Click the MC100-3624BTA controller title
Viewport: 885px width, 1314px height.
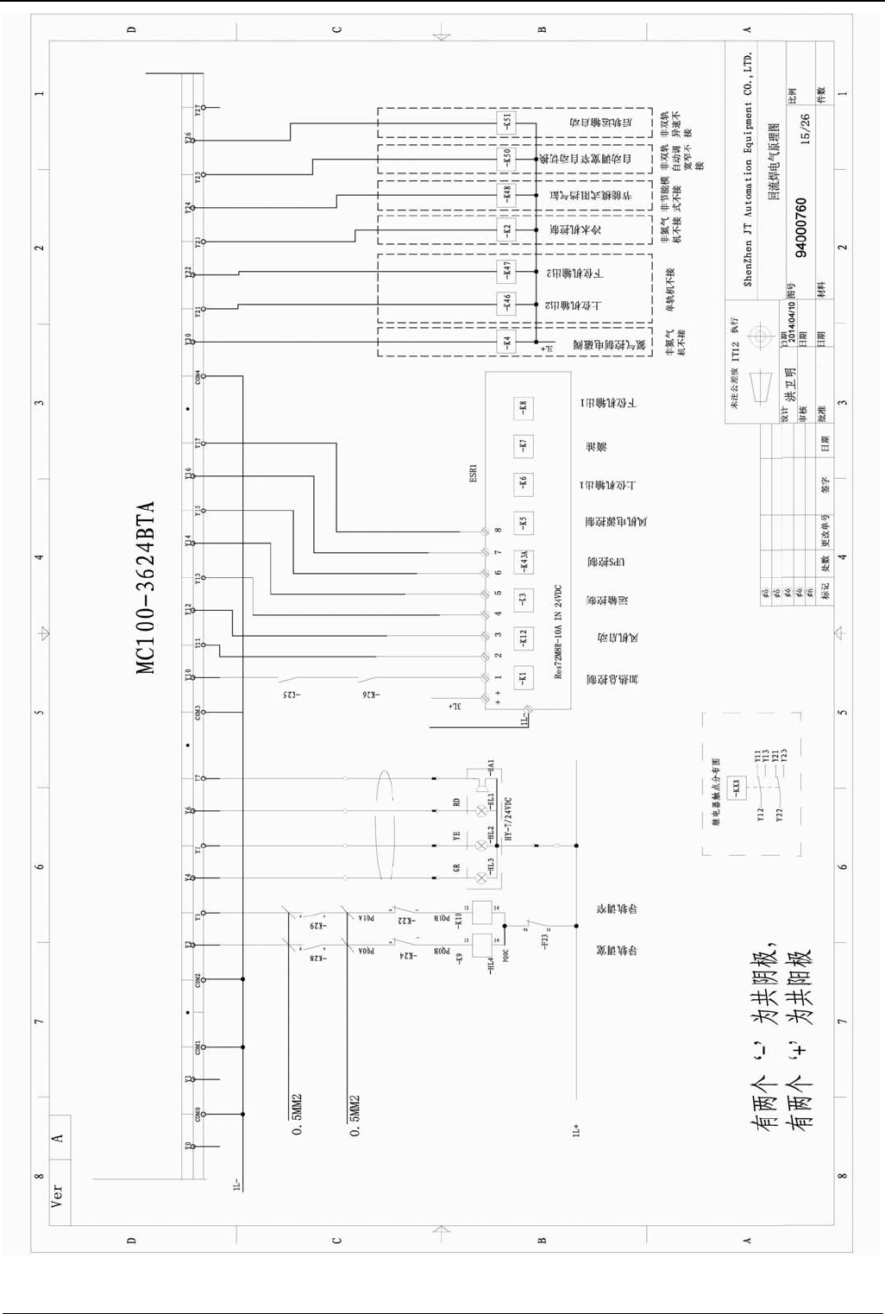(145, 587)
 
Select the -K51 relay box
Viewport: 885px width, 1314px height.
(507, 123)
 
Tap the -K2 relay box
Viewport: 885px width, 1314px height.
(507, 230)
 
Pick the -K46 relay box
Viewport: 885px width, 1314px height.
(507, 303)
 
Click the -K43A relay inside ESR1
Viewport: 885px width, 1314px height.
(523, 562)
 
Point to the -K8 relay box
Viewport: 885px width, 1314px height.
(523, 406)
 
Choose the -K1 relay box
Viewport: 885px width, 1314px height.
(523, 678)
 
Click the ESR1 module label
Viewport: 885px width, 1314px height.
(473, 474)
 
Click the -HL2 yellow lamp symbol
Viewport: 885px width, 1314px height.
(481, 846)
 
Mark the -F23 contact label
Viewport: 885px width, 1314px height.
(544, 941)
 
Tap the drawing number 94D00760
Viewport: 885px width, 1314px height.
(801, 229)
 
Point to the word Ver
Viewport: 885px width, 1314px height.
(57, 1194)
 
